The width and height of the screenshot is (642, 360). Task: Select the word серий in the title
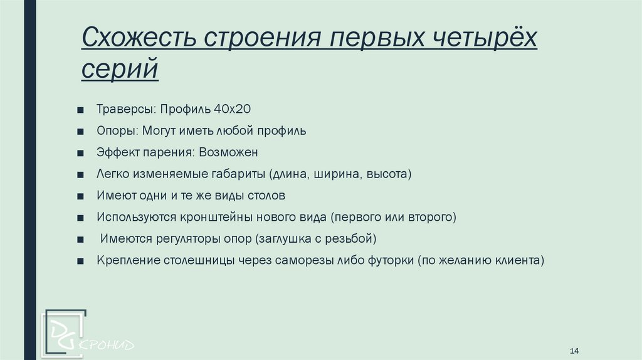(120, 68)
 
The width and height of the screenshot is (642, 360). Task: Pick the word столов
(265, 196)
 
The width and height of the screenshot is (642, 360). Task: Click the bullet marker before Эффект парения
(82, 153)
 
